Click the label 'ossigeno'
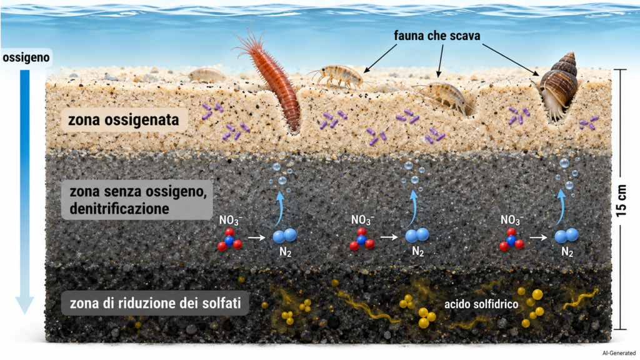coord(26,57)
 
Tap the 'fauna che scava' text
coord(437,36)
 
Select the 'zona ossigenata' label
coord(123,120)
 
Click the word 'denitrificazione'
coord(119,209)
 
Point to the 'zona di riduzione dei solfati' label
coord(155,303)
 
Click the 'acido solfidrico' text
coord(481,304)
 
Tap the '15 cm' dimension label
coord(621,201)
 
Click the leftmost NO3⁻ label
coord(231,221)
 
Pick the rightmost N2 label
coord(567,252)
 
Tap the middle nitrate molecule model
coord(362,239)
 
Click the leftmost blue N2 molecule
coord(284,236)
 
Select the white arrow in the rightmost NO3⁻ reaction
coord(538,237)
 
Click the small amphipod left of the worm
coord(205,75)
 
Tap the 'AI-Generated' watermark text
coord(619,354)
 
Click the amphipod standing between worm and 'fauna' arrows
coord(338,76)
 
